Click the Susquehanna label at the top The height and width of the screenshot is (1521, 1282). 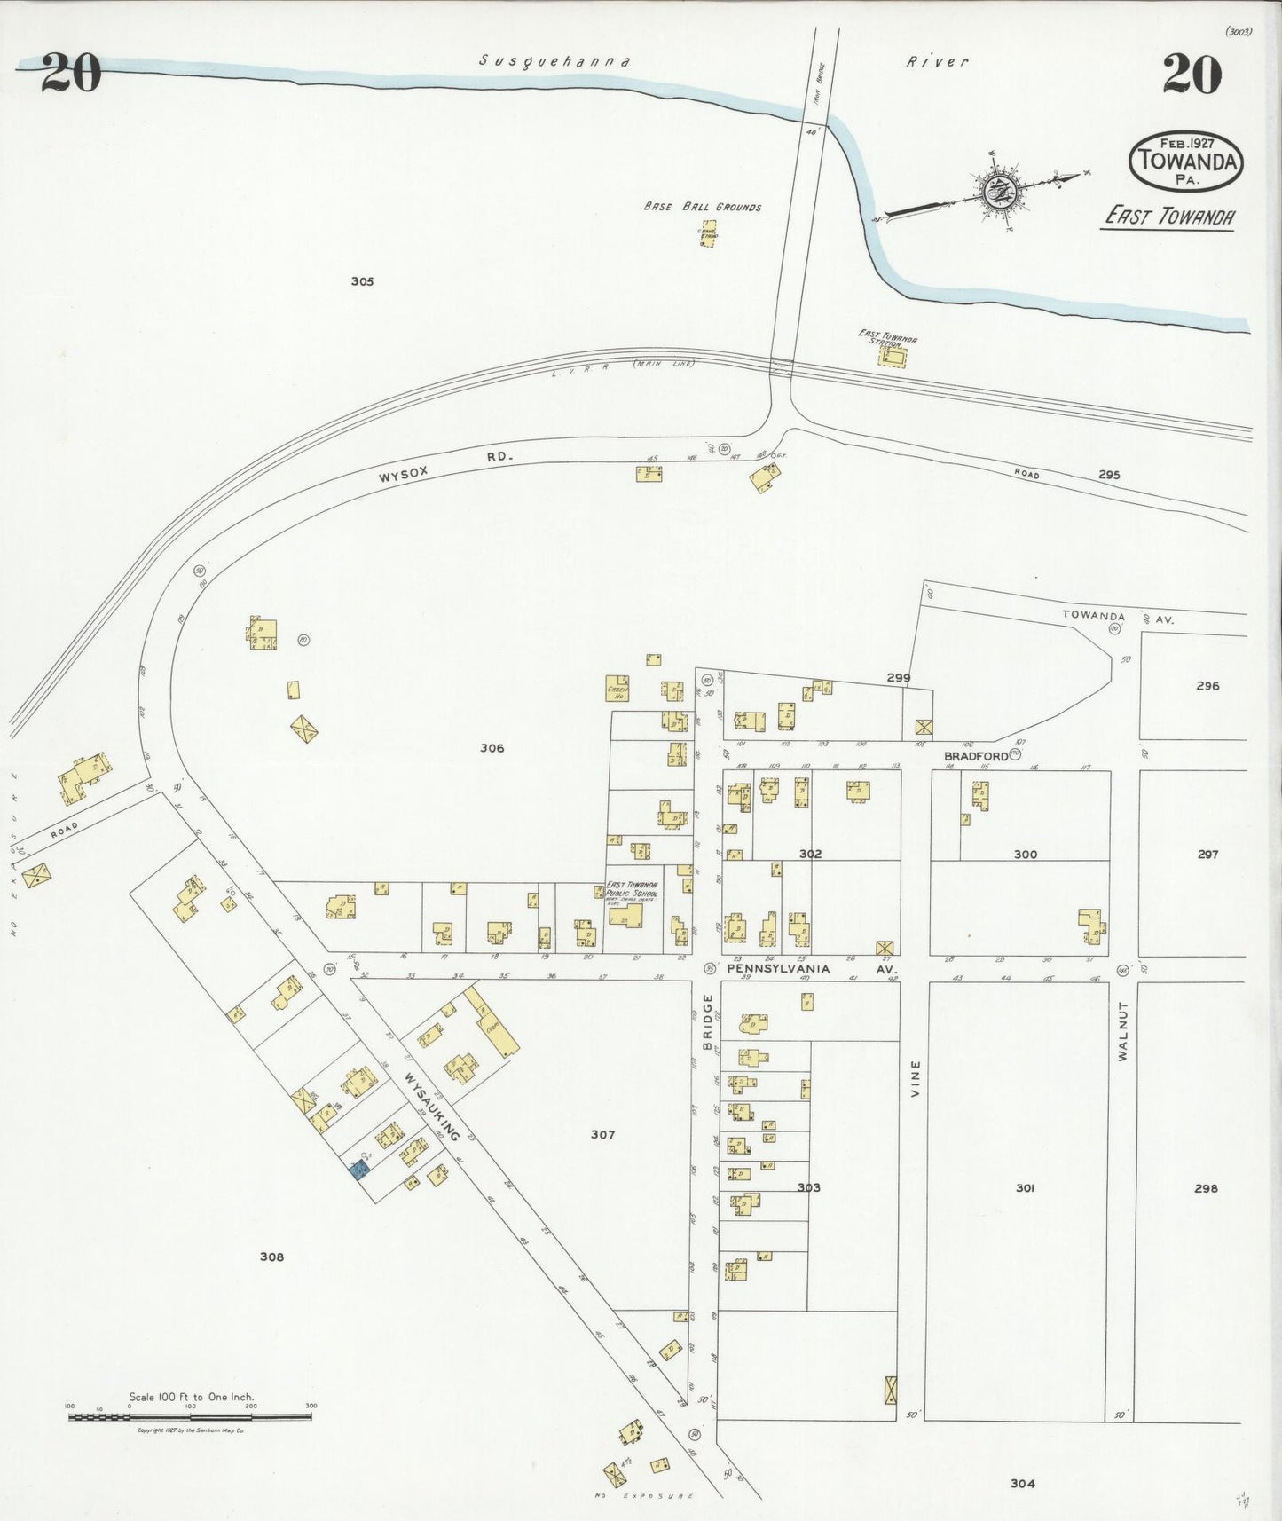[554, 61]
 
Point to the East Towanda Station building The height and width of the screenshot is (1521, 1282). [893, 357]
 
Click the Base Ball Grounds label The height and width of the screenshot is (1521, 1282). [702, 207]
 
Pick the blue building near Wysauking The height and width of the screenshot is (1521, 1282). [359, 1170]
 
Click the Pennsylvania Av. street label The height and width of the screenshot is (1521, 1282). [778, 969]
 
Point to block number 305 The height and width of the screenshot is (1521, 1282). [362, 281]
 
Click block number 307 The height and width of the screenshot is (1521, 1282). [602, 1134]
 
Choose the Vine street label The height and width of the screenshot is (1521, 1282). [916, 1078]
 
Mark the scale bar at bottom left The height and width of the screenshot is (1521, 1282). [190, 1417]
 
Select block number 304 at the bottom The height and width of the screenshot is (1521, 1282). [1022, 1483]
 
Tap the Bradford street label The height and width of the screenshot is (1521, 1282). [975, 756]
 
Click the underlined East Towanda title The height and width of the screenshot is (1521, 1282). [1169, 216]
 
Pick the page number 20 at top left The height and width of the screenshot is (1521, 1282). [70, 73]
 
